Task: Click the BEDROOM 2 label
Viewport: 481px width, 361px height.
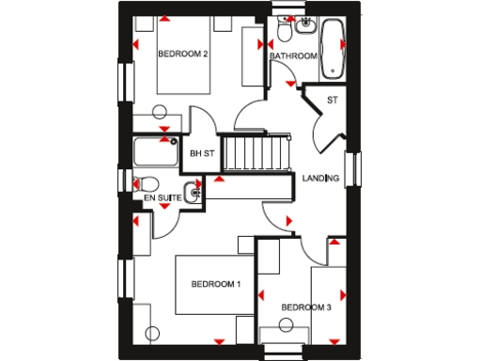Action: [x=182, y=55]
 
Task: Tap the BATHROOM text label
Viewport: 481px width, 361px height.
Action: [x=293, y=56]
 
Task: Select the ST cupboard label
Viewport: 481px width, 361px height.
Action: [x=332, y=100]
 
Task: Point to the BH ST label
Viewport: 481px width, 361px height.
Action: [x=202, y=154]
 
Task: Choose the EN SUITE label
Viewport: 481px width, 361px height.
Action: [x=162, y=199]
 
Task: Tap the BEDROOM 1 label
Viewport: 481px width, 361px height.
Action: [x=216, y=284]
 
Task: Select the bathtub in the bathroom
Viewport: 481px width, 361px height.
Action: [x=332, y=49]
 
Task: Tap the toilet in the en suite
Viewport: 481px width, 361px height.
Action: [x=144, y=183]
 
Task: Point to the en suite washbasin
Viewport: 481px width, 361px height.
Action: [x=193, y=194]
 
